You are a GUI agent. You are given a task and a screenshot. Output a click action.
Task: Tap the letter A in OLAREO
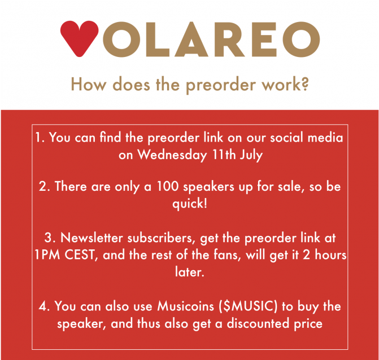tap(191, 39)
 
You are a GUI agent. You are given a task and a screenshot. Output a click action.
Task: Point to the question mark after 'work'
tap(305, 84)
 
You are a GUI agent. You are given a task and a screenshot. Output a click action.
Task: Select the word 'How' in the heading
tap(89, 84)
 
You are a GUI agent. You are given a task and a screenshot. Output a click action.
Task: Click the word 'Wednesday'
tap(172, 155)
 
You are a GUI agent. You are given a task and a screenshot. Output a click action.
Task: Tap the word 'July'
tap(251, 155)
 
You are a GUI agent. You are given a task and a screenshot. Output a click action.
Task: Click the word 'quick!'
tap(190, 204)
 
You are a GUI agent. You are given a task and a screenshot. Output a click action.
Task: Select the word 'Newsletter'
tap(92, 238)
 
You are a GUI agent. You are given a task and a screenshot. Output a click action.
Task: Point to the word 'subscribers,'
tap(161, 238)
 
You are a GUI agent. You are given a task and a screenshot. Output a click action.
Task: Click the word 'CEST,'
tap(81, 254)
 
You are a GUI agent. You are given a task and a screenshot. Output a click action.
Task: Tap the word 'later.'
tap(190, 271)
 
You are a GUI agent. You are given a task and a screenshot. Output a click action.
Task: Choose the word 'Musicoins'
tap(186, 306)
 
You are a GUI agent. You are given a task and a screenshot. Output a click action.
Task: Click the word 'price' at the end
tap(308, 324)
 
